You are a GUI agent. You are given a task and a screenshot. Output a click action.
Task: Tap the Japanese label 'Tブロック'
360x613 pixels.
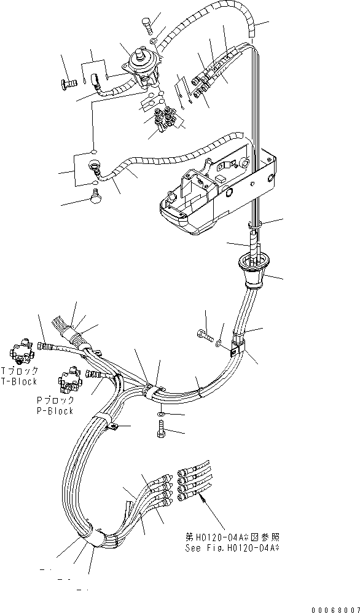20,370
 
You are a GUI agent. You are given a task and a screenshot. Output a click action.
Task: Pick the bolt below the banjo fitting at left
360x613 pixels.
94,196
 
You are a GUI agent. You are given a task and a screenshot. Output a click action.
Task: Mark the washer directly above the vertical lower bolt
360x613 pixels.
160,415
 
